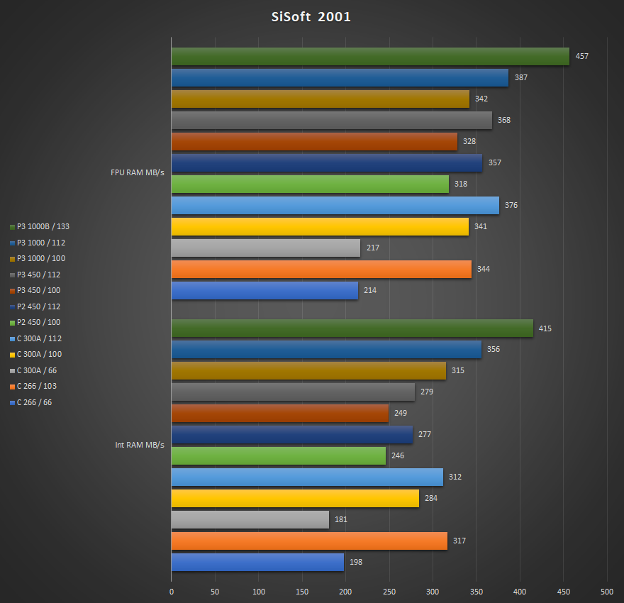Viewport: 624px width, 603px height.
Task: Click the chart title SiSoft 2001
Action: click(311, 17)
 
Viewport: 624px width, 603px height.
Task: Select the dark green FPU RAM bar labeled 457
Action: click(369, 57)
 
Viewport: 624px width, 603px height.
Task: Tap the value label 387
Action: click(521, 77)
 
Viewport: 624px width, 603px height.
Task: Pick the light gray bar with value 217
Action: click(265, 248)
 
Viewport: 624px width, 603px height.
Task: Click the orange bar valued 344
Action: click(321, 270)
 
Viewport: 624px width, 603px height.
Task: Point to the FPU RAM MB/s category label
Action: click(138, 172)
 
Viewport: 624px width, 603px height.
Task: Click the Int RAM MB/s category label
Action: click(140, 445)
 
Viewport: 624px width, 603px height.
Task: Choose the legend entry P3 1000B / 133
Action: click(43, 227)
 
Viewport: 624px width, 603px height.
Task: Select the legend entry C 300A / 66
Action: click(39, 370)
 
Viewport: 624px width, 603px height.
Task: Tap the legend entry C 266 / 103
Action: click(40, 387)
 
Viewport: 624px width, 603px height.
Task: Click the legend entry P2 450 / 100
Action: click(39, 323)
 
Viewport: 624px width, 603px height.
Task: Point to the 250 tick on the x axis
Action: click(389, 592)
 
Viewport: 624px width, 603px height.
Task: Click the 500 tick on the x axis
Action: click(606, 592)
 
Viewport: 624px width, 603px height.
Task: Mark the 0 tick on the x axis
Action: click(172, 592)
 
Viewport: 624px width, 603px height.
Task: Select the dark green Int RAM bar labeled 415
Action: click(352, 328)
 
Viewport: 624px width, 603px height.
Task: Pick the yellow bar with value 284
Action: click(295, 499)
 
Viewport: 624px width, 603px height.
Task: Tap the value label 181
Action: click(341, 520)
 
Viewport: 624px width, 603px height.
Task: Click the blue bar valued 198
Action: click(257, 563)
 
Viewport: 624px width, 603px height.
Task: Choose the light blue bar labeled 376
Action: click(335, 206)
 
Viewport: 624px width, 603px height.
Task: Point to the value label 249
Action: click(401, 414)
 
